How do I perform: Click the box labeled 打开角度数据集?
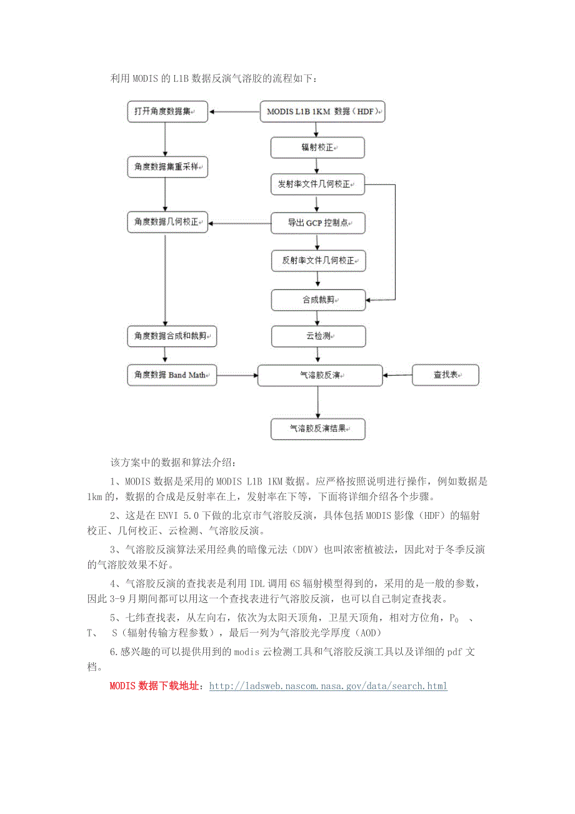[x=165, y=111]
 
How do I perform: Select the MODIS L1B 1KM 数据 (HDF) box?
[x=322, y=111]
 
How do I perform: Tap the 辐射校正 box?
[x=317, y=148]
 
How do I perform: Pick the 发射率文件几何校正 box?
[x=317, y=185]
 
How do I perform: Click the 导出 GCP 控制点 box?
[x=317, y=223]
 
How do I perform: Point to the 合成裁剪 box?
[x=317, y=300]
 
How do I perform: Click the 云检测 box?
[x=317, y=336]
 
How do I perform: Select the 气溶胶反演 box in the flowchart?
[x=319, y=375]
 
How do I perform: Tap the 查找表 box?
[x=445, y=375]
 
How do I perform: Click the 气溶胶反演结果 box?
[x=317, y=429]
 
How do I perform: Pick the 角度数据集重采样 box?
[x=167, y=167]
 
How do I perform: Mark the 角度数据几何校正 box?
[x=167, y=222]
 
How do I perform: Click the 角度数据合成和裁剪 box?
[x=171, y=336]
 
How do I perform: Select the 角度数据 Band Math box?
[x=171, y=375]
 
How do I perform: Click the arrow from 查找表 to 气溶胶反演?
[x=397, y=375]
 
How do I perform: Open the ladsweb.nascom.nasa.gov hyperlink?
[x=328, y=686]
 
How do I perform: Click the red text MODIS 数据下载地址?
[x=155, y=686]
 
